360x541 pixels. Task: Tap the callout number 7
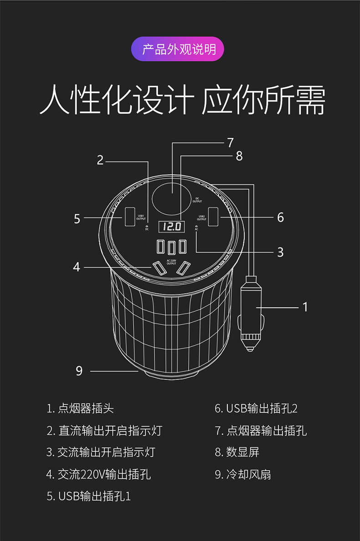tap(230, 142)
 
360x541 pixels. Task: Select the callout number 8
tap(239, 156)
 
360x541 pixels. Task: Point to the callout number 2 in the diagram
tap(100, 160)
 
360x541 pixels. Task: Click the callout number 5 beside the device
tap(77, 219)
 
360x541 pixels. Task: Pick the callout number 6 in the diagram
tap(280, 217)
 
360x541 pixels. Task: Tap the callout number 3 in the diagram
tap(280, 252)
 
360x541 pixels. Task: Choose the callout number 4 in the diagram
tap(77, 267)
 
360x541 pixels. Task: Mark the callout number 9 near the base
tap(79, 371)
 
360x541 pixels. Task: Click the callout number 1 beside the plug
tap(305, 307)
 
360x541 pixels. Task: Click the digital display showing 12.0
tap(171, 226)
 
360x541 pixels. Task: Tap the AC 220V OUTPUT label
tap(171, 262)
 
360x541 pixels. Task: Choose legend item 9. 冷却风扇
tap(243, 474)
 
